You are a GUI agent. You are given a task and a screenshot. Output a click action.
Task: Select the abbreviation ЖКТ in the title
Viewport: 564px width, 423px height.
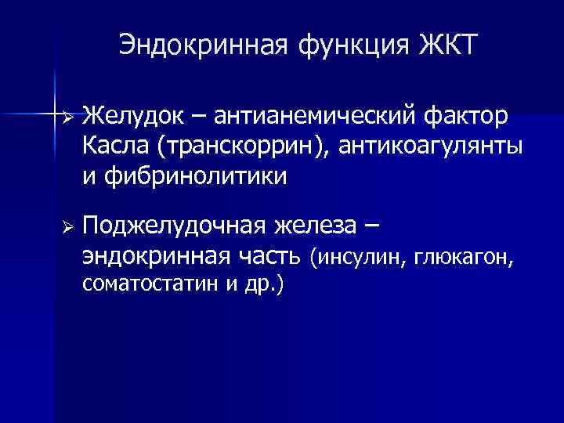446,45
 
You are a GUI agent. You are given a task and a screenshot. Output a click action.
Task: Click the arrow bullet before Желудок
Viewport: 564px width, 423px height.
68,117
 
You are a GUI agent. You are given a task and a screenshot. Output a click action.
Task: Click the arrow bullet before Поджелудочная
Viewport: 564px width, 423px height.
68,226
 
